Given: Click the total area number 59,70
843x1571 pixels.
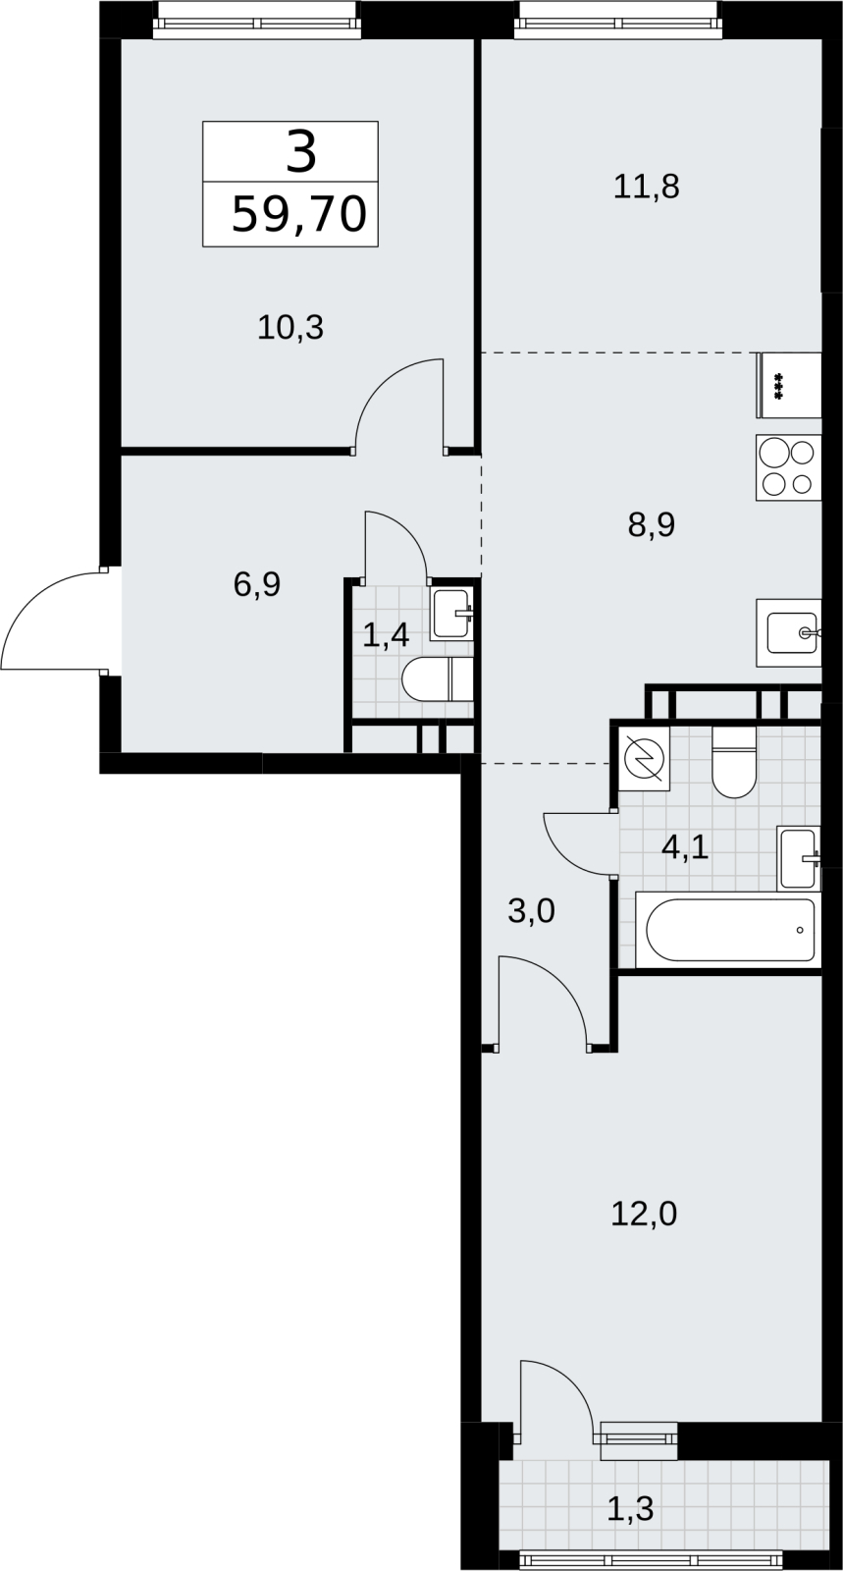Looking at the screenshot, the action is point(299,214).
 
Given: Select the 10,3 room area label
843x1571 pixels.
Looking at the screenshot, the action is point(290,328).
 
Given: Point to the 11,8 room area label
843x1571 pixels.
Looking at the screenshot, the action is point(646,188).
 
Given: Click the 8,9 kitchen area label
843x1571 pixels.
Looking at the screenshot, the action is point(651,524).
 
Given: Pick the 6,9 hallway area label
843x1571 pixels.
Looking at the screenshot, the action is point(256,584).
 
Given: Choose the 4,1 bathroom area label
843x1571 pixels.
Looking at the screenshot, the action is point(685,847).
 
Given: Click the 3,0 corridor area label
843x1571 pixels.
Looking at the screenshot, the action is point(531,911).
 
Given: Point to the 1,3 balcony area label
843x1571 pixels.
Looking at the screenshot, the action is point(630,1508).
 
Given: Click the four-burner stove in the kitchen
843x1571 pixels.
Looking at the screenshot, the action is point(788,467).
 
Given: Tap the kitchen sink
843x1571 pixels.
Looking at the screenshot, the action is point(788,632).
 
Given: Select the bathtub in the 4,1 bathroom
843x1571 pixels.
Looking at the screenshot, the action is point(728,930).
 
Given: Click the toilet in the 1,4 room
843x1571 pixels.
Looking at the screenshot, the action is point(438,678).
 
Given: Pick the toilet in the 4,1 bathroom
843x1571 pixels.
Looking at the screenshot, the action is point(734,762).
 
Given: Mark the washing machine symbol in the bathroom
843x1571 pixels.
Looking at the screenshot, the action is point(644,758).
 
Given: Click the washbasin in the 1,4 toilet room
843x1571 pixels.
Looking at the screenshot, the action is point(452,615).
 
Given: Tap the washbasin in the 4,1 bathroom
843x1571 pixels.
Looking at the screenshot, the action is point(798,858).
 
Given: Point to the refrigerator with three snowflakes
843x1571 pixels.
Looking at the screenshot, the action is point(789,385).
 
